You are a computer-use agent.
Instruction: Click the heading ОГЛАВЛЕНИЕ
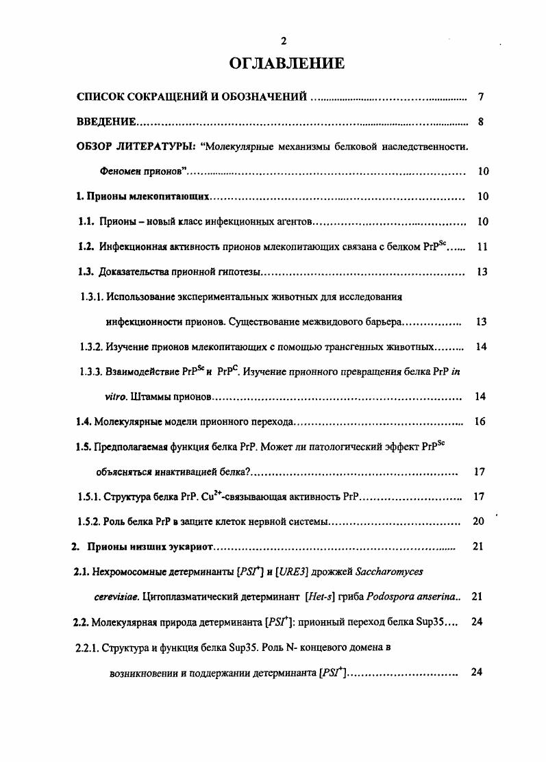(x=286, y=64)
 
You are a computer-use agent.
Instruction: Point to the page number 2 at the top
(x=284, y=42)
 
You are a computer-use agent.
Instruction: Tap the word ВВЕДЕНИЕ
(x=106, y=123)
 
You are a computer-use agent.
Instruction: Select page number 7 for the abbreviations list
(x=481, y=97)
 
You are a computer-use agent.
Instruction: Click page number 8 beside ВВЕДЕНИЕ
(x=481, y=123)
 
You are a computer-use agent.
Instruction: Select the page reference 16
(x=480, y=421)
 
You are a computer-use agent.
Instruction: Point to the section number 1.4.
(x=84, y=421)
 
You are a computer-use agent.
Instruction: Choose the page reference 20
(x=478, y=521)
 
